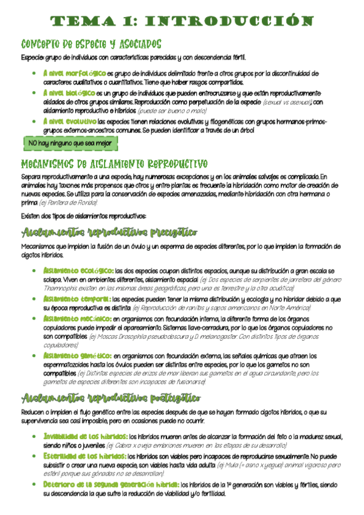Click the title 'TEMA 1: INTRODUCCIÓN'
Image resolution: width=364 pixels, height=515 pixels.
182,22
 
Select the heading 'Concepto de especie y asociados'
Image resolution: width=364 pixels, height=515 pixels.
91,44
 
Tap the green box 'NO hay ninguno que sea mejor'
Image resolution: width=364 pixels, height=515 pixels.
69,143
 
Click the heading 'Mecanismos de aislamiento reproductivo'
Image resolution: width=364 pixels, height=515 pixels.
114,165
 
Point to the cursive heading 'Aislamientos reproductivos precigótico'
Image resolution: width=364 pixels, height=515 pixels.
109,233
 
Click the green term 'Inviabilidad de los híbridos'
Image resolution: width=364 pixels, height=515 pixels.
85,436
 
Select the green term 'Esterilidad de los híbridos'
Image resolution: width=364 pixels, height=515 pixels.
84,455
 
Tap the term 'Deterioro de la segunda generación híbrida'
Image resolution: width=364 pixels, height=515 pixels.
111,484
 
